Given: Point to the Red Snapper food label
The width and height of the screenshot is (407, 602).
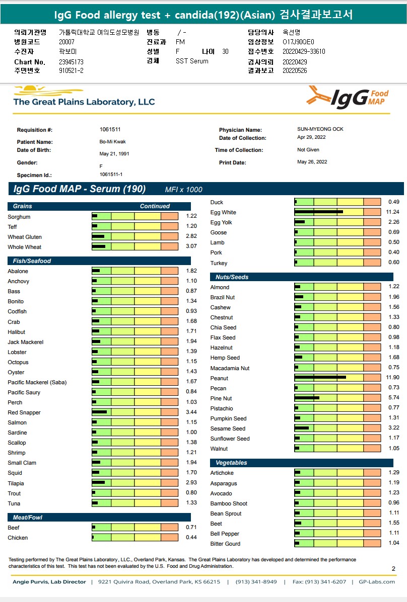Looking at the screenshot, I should pyautogui.click(x=24, y=412).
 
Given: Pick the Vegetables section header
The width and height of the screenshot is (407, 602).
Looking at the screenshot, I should pyautogui.click(x=231, y=463).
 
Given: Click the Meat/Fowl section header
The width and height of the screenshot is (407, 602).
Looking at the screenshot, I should pyautogui.click(x=28, y=518).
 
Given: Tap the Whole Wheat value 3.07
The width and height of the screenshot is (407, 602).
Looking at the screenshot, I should pyautogui.click(x=191, y=247).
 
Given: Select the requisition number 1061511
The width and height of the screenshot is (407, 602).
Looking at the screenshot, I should pyautogui.click(x=110, y=129).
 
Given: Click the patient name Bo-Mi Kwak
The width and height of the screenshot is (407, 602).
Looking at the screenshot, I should pyautogui.click(x=112, y=142).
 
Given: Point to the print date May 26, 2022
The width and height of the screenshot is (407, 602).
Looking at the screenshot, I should pyautogui.click(x=312, y=162).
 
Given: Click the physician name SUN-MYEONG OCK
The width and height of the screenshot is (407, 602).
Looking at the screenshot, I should pyautogui.click(x=320, y=129).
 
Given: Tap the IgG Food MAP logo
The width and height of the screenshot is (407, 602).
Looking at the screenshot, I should pyautogui.click(x=348, y=97).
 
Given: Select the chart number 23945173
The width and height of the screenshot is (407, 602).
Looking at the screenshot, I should pyautogui.click(x=71, y=62).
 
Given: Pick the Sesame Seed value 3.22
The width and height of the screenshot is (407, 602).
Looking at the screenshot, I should pyautogui.click(x=394, y=428).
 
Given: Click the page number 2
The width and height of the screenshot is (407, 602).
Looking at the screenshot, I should pyautogui.click(x=393, y=569).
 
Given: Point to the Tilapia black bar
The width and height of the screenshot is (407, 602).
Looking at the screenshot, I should pyautogui.click(x=99, y=483).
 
